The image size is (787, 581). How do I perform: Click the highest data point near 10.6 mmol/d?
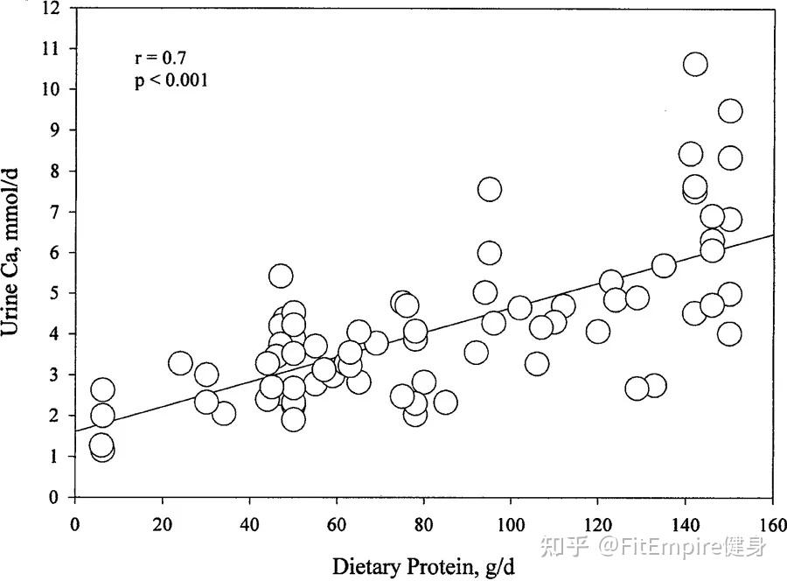(695, 64)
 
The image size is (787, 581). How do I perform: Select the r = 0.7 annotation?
(161, 58)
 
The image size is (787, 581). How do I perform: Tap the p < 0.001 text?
(171, 80)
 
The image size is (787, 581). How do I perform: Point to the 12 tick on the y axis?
(51, 8)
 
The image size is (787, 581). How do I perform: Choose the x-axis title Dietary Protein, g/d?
(423, 567)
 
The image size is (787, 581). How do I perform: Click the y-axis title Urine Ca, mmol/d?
(10, 252)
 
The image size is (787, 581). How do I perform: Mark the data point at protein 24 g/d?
(181, 363)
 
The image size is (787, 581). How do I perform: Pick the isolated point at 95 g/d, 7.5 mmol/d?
(490, 189)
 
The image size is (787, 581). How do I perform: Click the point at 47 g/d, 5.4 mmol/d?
(281, 276)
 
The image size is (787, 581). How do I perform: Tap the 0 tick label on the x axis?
(75, 525)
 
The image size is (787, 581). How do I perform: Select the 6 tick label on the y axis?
(53, 253)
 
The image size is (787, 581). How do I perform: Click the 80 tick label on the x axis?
(423, 525)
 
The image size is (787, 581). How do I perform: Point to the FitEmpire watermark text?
(653, 547)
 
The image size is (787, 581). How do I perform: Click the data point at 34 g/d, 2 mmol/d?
(224, 414)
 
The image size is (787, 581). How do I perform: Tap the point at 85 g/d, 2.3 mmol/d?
(445, 402)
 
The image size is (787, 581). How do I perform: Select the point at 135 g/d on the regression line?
(664, 265)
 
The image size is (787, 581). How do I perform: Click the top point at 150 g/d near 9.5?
(730, 111)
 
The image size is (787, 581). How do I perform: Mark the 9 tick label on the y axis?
(53, 130)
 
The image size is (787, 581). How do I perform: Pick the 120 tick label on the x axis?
(598, 525)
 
